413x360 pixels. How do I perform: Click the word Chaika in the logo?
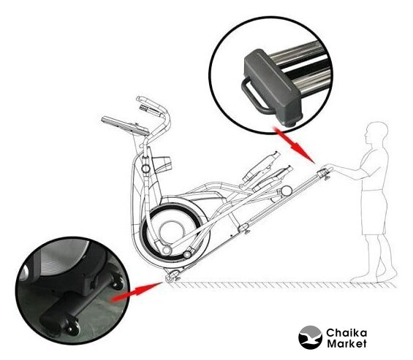(346, 333)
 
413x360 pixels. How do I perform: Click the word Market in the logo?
(346, 343)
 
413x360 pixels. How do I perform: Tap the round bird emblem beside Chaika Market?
(310, 337)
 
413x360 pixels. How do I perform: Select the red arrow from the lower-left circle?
(137, 291)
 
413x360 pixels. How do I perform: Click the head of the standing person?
(376, 133)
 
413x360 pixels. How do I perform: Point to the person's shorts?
(374, 212)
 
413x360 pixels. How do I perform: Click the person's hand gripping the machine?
(327, 166)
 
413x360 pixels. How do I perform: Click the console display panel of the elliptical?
(126, 126)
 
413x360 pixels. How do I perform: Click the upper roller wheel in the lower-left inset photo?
(117, 282)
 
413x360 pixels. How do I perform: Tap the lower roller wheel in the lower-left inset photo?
(72, 326)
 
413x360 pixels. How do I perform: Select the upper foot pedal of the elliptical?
(261, 166)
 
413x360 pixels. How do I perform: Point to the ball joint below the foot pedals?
(286, 191)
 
